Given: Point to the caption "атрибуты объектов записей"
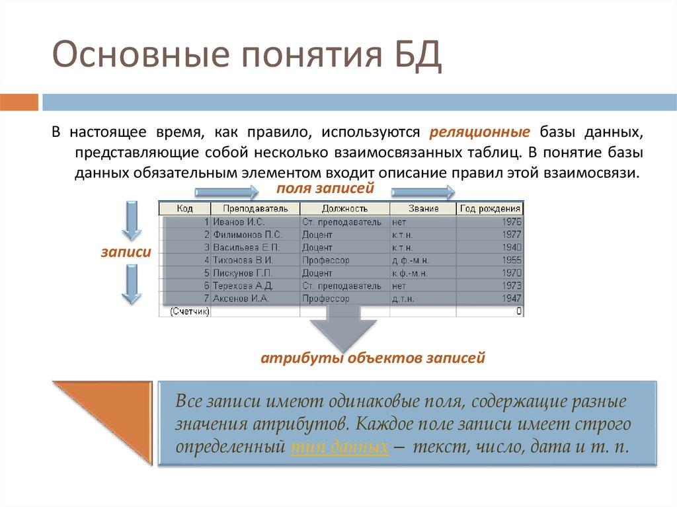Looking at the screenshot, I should tap(373, 358).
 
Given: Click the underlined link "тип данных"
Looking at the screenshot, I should tap(338, 446).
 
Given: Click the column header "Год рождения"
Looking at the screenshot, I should tap(490, 208).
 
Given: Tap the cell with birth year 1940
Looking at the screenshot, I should tap(490, 247).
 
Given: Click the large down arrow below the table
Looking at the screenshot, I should tap(340, 327).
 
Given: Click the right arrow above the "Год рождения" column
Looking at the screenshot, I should tap(424, 192).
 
